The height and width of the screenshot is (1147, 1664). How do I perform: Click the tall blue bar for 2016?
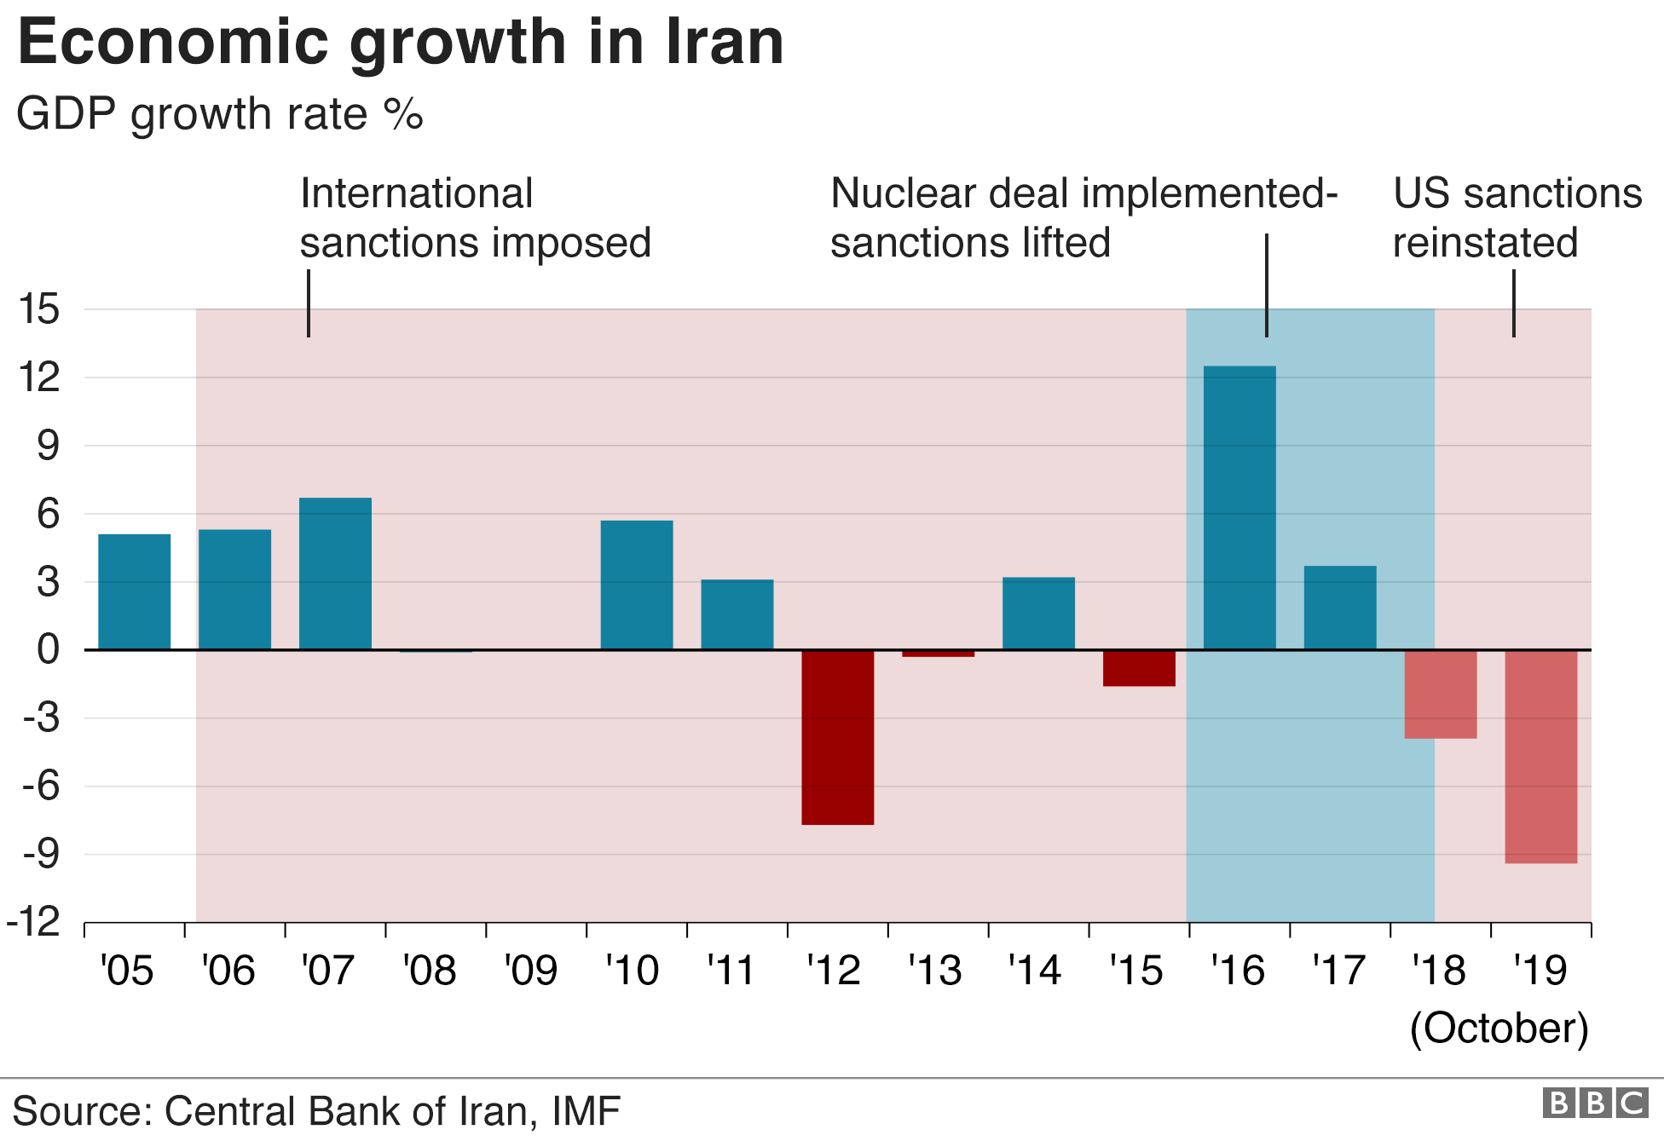click(1239, 508)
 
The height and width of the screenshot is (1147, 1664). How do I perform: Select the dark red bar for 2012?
click(837, 737)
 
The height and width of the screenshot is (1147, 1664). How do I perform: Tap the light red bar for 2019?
click(1540, 757)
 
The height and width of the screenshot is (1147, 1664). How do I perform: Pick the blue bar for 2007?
click(335, 573)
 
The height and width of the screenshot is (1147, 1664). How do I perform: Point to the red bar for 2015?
click(1139, 668)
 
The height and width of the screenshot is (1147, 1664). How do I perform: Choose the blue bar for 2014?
click(1038, 614)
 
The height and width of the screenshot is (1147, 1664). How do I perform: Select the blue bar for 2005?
click(134, 592)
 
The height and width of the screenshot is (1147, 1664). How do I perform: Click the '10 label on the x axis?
click(632, 971)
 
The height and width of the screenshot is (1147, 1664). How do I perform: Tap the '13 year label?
click(934, 971)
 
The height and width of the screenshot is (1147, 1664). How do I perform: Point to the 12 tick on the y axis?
click(39, 378)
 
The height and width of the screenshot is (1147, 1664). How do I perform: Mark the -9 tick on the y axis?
click(41, 854)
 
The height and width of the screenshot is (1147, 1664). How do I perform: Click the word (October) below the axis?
click(1499, 1028)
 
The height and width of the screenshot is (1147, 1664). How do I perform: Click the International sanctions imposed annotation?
click(475, 218)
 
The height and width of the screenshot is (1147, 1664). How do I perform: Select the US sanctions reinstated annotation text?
click(1517, 218)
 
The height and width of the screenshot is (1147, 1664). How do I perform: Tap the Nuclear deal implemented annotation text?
click(1083, 218)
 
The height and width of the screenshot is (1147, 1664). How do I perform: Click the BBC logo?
click(1594, 1104)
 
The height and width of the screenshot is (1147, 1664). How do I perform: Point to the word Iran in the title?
click(724, 43)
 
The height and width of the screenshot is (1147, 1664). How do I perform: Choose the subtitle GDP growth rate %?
click(219, 114)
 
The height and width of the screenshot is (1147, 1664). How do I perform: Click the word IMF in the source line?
click(586, 1111)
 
